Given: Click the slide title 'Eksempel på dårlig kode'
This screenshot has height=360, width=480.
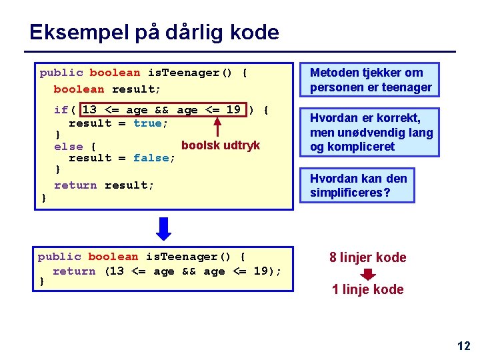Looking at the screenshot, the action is pyautogui.click(x=154, y=32).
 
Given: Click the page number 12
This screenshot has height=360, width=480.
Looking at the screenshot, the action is pyautogui.click(x=463, y=345).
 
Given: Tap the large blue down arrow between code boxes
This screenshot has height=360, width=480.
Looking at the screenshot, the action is pyautogui.click(x=164, y=229).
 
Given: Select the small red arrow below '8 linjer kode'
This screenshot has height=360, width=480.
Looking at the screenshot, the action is pyautogui.click(x=368, y=273).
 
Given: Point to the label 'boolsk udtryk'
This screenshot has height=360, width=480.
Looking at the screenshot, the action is pyautogui.click(x=220, y=145).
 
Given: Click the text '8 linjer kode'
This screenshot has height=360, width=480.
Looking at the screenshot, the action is pyautogui.click(x=367, y=257).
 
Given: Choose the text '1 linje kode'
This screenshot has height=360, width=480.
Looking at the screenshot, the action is pyautogui.click(x=367, y=289).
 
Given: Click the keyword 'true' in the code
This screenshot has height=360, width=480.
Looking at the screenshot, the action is pyautogui.click(x=147, y=123).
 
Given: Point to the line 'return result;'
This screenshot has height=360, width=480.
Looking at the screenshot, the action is pyautogui.click(x=104, y=185).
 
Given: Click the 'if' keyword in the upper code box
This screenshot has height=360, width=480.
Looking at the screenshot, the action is pyautogui.click(x=61, y=110).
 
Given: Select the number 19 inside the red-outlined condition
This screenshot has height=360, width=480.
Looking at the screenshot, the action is pyautogui.click(x=233, y=110).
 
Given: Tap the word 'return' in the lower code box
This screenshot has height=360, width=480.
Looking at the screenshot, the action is pyautogui.click(x=74, y=271).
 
